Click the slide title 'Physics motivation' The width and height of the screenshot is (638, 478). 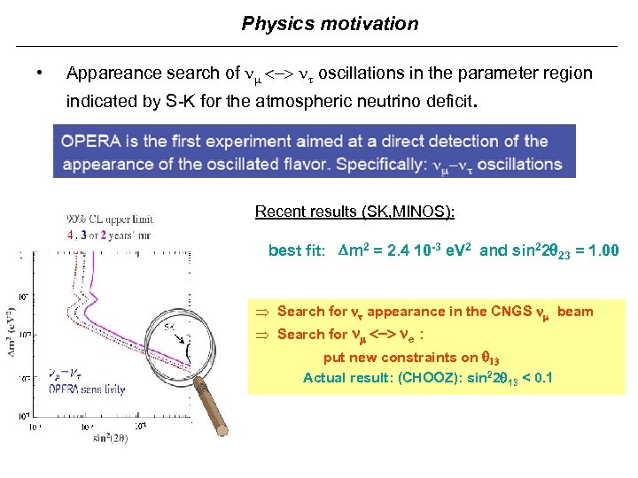point(330,24)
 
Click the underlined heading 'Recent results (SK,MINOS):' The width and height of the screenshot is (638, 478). point(354,211)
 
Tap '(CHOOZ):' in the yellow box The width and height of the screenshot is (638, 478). point(429,377)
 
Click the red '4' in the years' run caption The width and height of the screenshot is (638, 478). point(70,235)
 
